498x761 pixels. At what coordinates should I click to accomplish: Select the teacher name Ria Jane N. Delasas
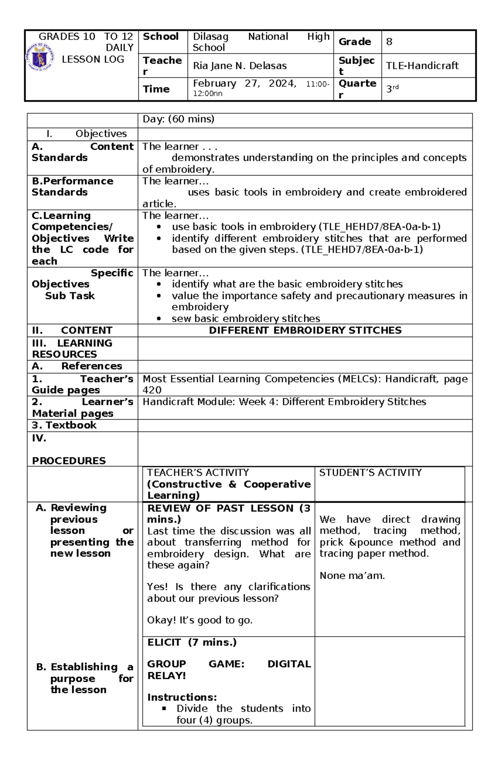pos(239,66)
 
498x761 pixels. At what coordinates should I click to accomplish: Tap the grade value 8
pos(389,42)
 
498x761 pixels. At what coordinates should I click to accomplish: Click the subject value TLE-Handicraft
pos(422,66)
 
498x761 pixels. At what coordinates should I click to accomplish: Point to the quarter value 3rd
pos(392,89)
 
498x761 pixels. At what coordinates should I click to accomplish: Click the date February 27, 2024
pos(244,83)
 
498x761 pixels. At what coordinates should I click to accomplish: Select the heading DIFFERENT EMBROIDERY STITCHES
pos(305,331)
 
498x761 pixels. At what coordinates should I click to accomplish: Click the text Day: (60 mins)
pos(178,119)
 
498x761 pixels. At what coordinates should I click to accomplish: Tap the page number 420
pos(152,390)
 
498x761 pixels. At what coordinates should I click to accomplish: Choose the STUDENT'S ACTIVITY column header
pos(370,473)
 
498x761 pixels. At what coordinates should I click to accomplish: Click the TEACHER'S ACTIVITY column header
pos(198,473)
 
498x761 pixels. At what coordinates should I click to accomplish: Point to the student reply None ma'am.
pos(352,576)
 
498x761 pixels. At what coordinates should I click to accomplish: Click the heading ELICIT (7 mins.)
pos(192,642)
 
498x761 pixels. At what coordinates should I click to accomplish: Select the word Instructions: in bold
pos(182,697)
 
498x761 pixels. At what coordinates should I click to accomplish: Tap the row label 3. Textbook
pos(64,425)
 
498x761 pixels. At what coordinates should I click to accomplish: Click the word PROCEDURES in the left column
pos(69,461)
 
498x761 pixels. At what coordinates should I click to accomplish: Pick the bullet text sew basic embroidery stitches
pos(246,319)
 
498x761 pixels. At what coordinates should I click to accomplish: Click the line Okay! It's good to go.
pos(200,620)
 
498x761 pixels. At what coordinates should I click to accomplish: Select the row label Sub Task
pos(70,296)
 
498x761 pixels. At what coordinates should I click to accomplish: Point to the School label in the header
pos(161,36)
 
